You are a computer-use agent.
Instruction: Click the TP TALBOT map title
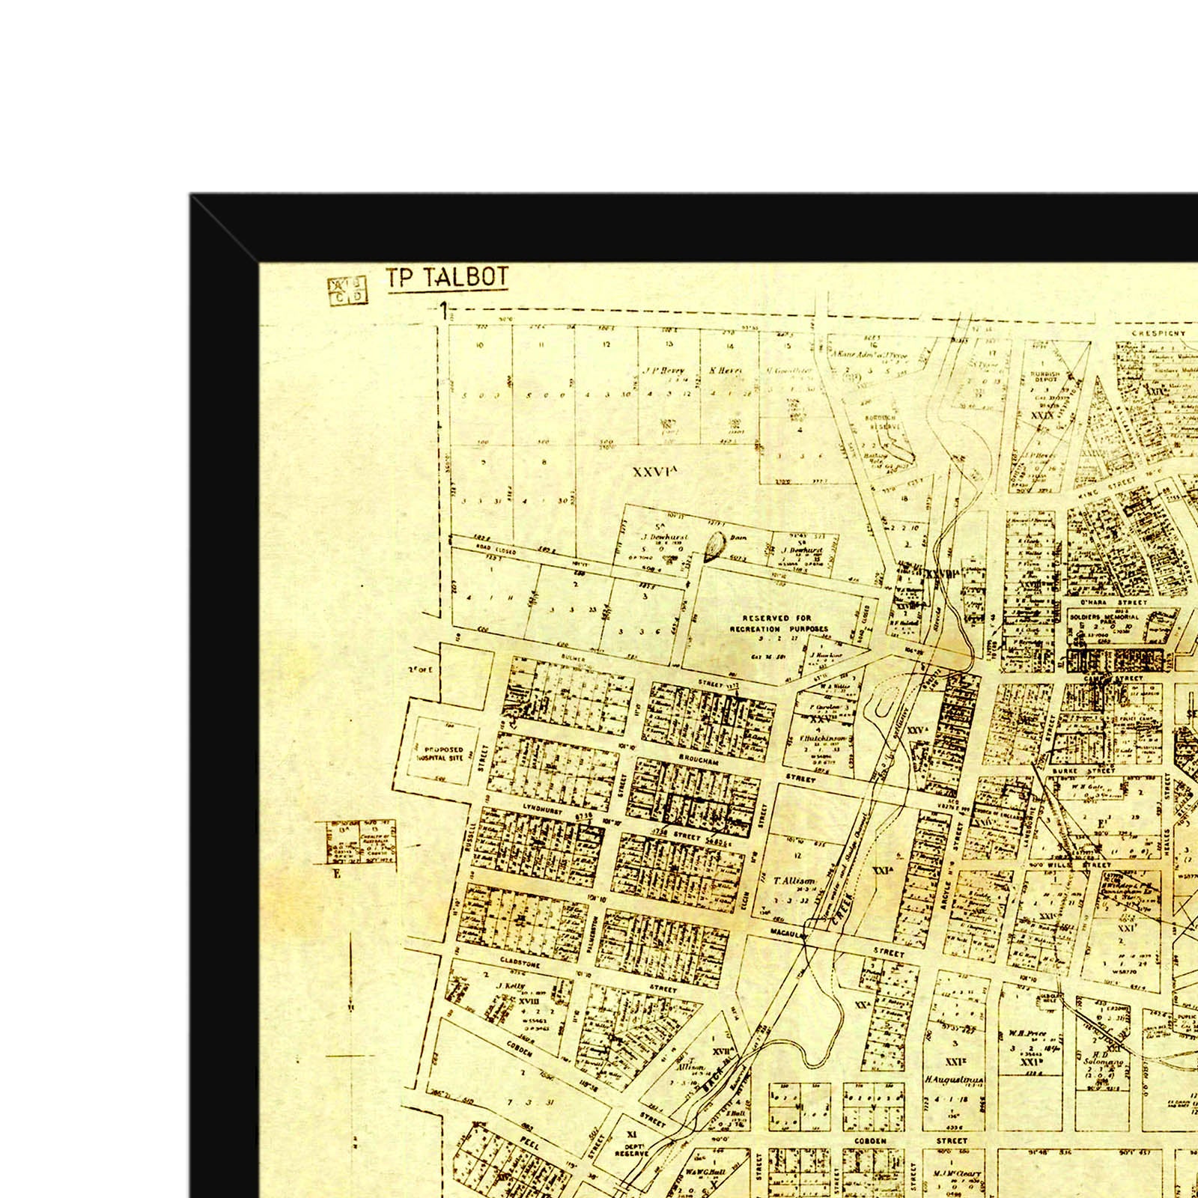[x=447, y=278]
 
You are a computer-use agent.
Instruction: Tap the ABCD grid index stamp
[x=348, y=291]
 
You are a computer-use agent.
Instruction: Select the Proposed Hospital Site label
[x=444, y=753]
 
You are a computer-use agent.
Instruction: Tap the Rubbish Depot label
[x=1045, y=377]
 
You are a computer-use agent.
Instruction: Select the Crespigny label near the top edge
[x=1158, y=333]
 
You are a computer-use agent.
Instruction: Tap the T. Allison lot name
[x=794, y=881]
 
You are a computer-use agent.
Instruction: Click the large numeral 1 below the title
[x=444, y=311]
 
